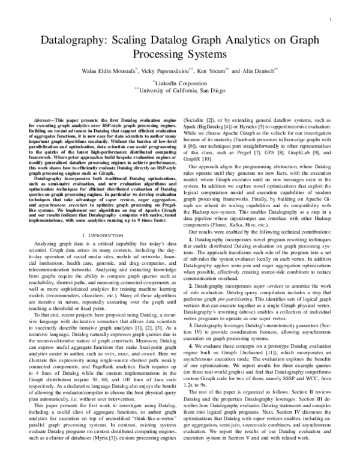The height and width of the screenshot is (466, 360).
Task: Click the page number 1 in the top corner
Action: [x=332, y=19]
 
